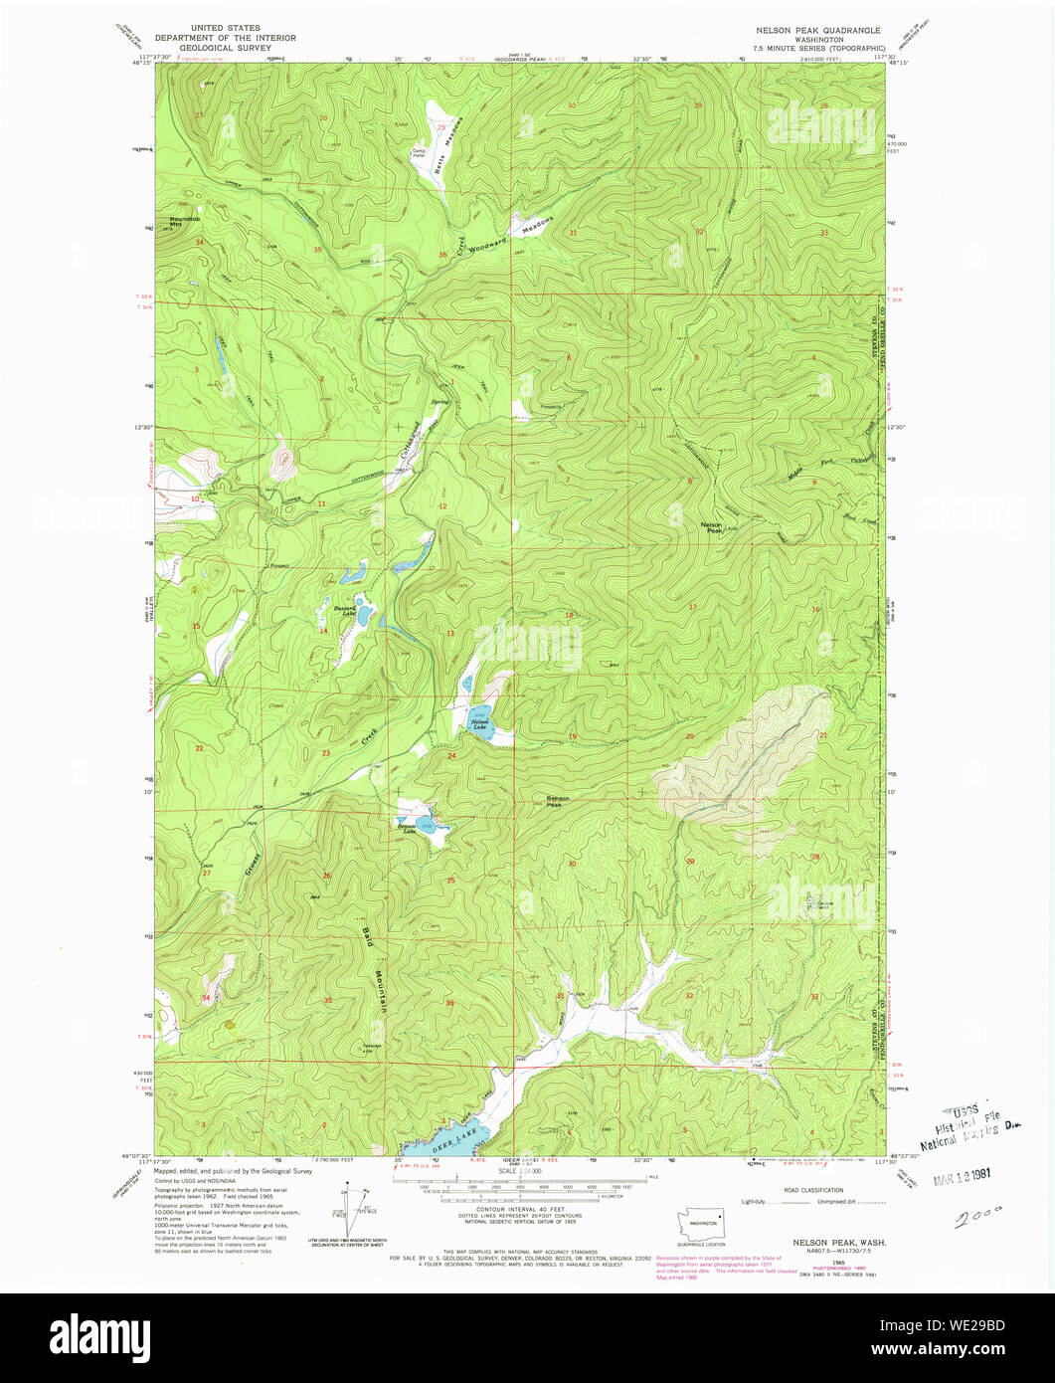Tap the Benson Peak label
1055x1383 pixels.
pos(559,800)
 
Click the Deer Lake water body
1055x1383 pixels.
pos(453,1135)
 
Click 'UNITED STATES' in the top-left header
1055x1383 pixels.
pos(226,28)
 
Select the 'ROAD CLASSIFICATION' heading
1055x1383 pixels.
pos(812,1190)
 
